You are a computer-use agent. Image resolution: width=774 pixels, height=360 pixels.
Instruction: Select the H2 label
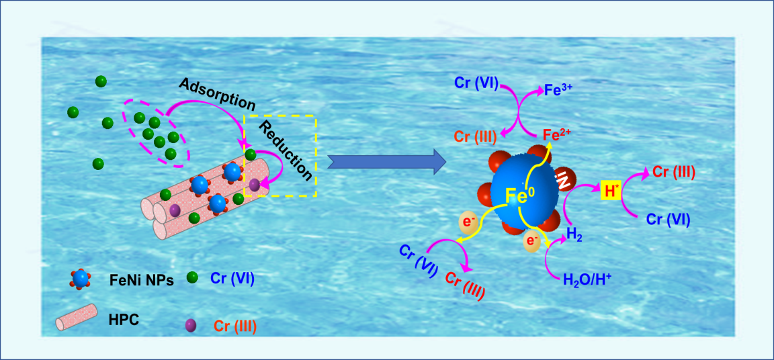(x=575, y=234)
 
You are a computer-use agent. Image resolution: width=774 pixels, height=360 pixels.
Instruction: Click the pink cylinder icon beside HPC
(x=77, y=320)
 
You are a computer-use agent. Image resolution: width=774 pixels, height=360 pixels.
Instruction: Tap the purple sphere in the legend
(x=190, y=326)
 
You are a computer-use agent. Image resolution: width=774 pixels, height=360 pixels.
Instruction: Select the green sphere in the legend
(x=191, y=277)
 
